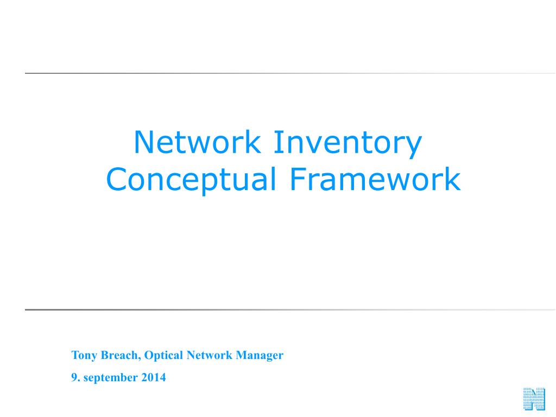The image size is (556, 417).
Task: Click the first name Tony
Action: pos(83,356)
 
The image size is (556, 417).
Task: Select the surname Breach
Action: pos(119,356)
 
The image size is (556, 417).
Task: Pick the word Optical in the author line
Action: pos(164,356)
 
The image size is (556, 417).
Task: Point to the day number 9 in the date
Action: pos(74,377)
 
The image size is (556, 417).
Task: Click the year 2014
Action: pos(154,377)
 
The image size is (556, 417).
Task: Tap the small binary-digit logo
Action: pos(534,400)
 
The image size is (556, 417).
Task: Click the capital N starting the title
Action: pos(143,142)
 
